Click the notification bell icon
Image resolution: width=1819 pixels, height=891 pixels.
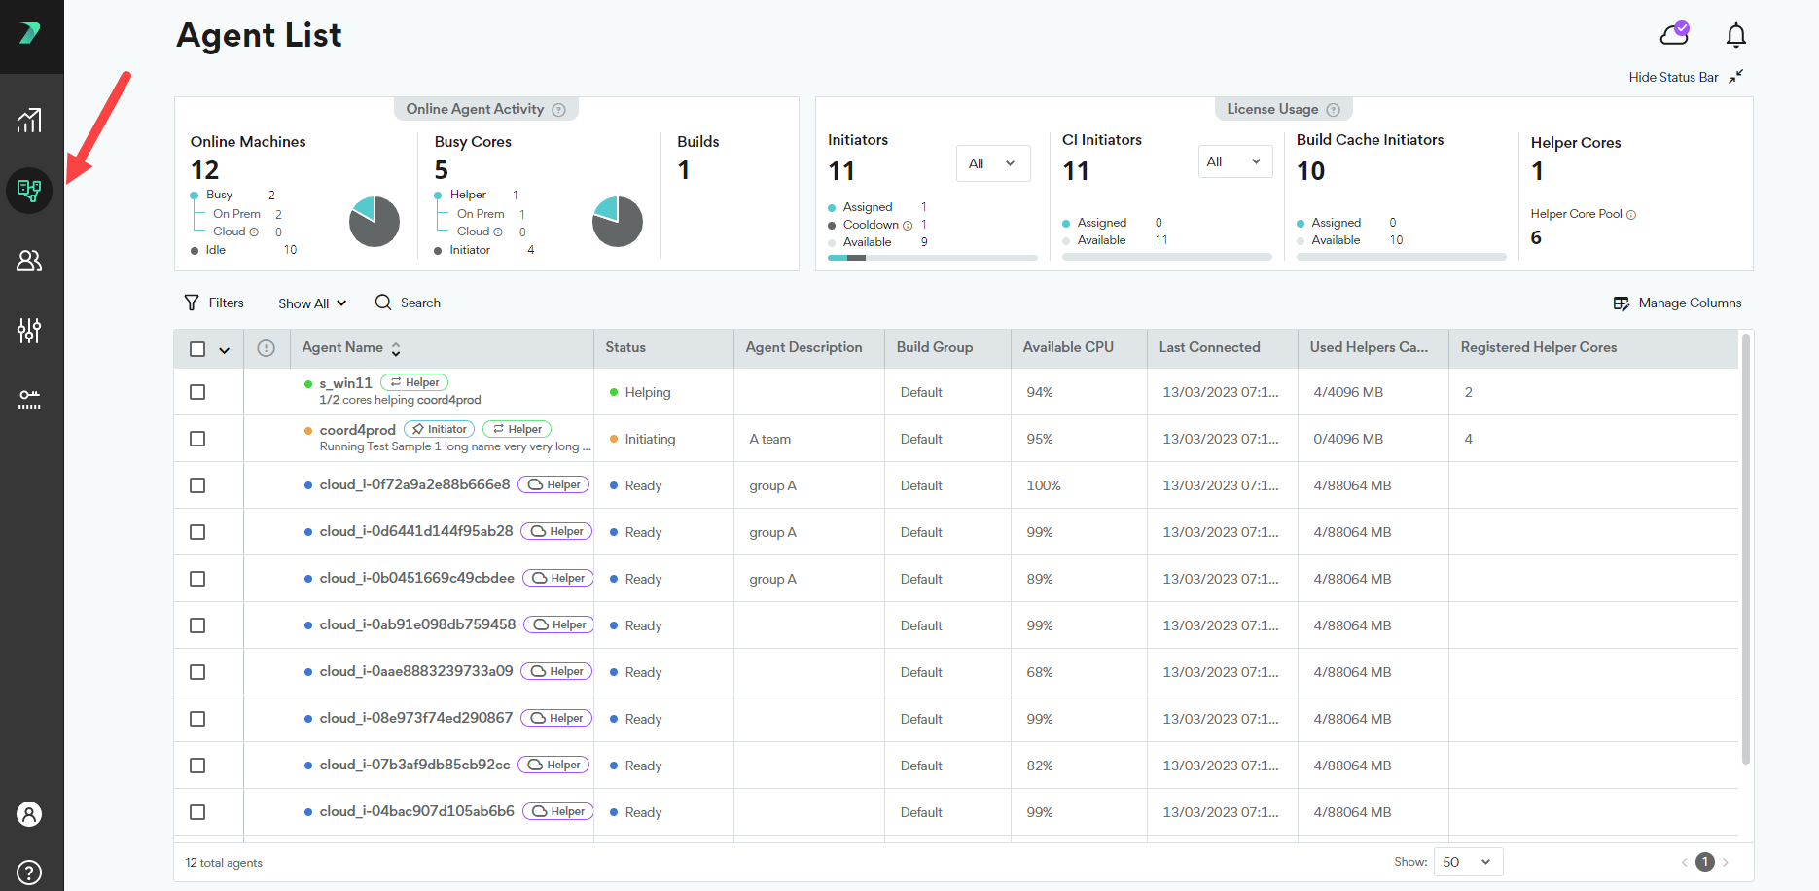coord(1735,36)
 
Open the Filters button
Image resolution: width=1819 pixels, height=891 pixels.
coord(214,303)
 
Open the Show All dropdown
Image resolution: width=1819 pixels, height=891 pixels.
coord(312,303)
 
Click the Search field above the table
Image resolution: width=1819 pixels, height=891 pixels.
coord(408,303)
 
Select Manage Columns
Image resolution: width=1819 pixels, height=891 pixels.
coord(1677,303)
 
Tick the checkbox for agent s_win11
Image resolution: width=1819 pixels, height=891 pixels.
coord(197,392)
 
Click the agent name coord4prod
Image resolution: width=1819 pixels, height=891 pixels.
coord(357,430)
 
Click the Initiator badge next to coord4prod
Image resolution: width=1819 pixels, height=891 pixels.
coord(439,429)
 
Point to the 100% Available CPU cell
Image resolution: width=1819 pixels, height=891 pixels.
coord(1044,485)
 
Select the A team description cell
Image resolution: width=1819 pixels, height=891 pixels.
coord(769,439)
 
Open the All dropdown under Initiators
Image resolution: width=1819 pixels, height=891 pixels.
coord(993,163)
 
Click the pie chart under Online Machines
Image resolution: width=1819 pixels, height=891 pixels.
coord(374,222)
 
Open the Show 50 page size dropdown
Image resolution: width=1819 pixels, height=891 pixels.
coord(1468,862)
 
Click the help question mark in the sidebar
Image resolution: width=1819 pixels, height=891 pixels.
coord(30,872)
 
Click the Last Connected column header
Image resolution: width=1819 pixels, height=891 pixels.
coord(1209,347)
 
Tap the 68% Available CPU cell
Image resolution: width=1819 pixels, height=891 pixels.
coord(1040,672)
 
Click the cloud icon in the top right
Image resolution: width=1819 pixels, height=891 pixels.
coord(1674,35)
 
